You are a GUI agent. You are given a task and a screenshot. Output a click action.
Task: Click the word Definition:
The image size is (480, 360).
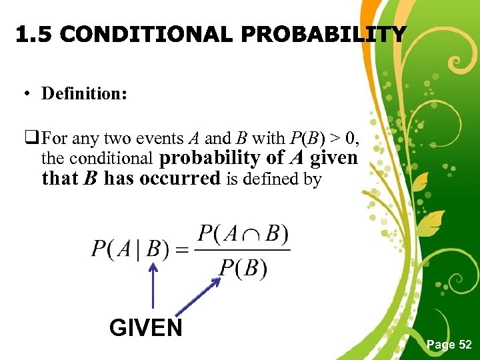pyautogui.click(x=84, y=93)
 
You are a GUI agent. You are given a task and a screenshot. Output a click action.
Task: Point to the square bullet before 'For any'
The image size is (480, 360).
pyautogui.click(x=33, y=139)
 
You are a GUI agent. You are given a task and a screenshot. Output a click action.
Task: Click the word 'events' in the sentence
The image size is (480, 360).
pyautogui.click(x=159, y=139)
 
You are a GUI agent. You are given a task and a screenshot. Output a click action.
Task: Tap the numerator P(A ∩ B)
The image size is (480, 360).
pyautogui.click(x=243, y=235)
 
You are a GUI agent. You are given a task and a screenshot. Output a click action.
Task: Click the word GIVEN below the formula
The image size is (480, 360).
pyautogui.click(x=145, y=328)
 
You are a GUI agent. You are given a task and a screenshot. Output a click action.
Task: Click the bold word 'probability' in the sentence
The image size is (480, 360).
pyautogui.click(x=208, y=159)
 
